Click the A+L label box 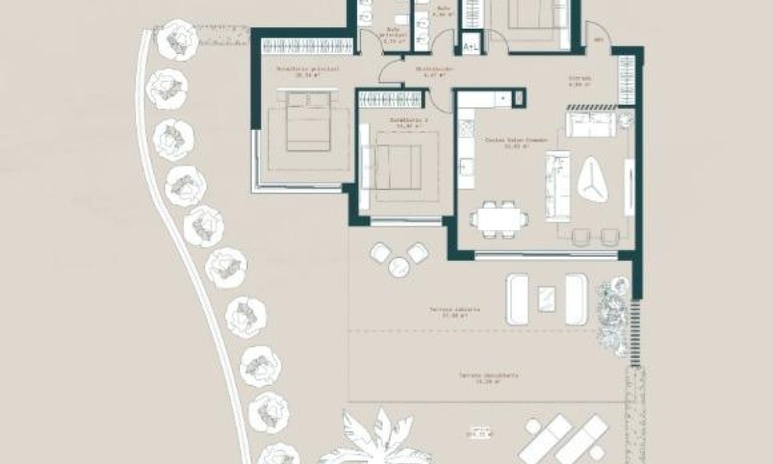(471, 47)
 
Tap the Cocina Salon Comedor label (516, 142)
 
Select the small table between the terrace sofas (547, 298)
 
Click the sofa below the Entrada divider (590, 126)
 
